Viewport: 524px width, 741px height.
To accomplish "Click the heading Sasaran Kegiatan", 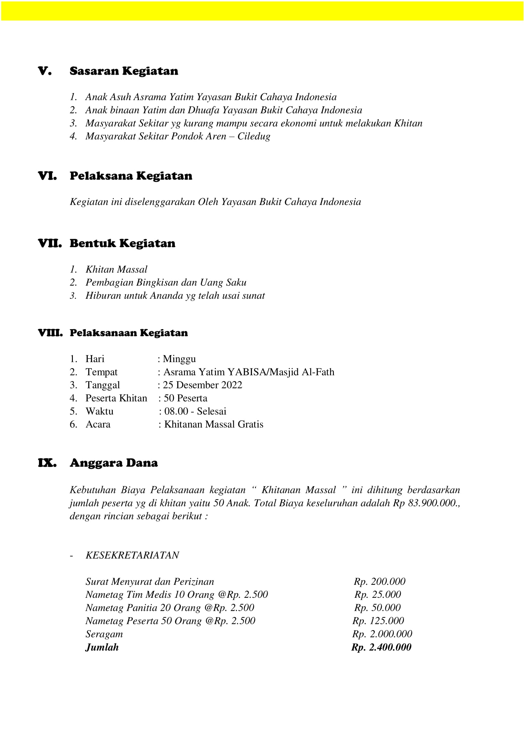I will (124, 71).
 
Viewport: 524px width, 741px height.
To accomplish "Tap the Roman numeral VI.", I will (47, 176).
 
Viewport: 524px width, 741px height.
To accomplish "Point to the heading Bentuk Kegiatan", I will (122, 243).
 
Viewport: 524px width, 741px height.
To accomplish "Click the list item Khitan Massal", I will (116, 269).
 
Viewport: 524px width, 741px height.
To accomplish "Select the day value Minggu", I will (179, 359).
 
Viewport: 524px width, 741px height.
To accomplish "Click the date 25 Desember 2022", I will (202, 385).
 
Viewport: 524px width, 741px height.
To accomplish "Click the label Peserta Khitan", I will (116, 398).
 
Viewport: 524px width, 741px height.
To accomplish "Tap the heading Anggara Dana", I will (114, 463).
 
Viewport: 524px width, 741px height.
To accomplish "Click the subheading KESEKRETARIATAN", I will (132, 555).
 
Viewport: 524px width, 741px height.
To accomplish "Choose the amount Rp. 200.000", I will (380, 582).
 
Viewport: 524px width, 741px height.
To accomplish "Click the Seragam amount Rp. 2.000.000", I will (382, 634).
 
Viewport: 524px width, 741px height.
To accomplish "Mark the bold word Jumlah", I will (102, 647).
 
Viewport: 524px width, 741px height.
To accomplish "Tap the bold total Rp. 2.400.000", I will (381, 647).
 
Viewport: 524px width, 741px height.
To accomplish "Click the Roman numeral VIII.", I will (50, 333).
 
